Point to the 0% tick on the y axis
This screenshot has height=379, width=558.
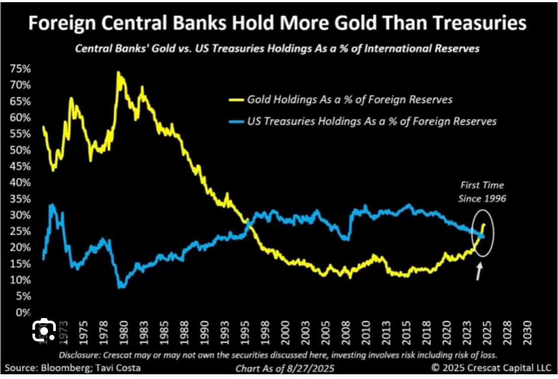pyautogui.click(x=22, y=312)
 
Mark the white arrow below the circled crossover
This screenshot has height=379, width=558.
pyautogui.click(x=479, y=272)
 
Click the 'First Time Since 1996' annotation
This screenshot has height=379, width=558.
pyautogui.click(x=482, y=192)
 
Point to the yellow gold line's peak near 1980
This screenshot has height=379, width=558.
pyautogui.click(x=118, y=73)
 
